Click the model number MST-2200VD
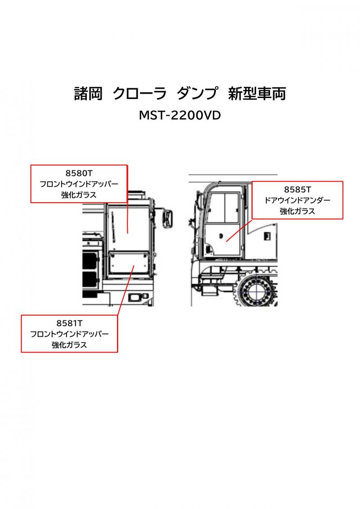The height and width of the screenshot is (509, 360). pos(180,116)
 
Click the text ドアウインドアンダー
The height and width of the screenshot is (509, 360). pos(297,200)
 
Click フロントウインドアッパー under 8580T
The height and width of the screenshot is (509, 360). pos(79,185)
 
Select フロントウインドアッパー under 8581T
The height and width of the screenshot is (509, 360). pos(69,334)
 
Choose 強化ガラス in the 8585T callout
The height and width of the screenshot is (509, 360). pos(297,211)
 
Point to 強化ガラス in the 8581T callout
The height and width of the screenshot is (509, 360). pos(69,345)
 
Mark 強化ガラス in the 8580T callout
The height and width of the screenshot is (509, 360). pos(79,195)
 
